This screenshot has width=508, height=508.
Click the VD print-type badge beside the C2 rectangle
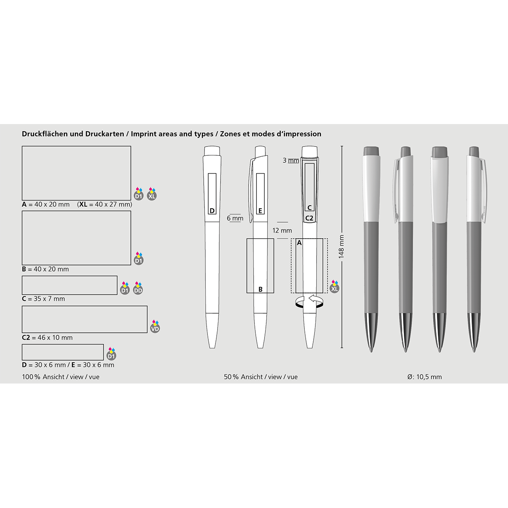[155, 326]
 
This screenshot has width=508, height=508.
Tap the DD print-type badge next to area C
[138, 288]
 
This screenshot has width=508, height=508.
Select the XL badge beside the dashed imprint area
[334, 286]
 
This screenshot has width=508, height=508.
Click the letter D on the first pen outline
[212, 211]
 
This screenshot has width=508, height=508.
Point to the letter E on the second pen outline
[260, 211]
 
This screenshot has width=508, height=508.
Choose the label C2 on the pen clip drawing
[309, 218]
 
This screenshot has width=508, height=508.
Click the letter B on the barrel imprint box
[260, 290]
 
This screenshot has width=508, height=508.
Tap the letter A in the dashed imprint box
[299, 243]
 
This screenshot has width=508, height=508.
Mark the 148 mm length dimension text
[341, 247]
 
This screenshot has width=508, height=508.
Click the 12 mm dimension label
[282, 231]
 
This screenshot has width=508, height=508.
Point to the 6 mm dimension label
[235, 218]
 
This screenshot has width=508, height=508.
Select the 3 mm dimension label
[291, 160]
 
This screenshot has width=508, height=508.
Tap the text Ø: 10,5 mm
[425, 377]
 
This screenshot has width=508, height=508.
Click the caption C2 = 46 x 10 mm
[47, 337]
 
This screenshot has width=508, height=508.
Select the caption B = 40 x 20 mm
[45, 269]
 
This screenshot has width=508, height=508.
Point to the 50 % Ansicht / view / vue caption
[261, 377]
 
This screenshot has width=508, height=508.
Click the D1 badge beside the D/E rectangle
[111, 354]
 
